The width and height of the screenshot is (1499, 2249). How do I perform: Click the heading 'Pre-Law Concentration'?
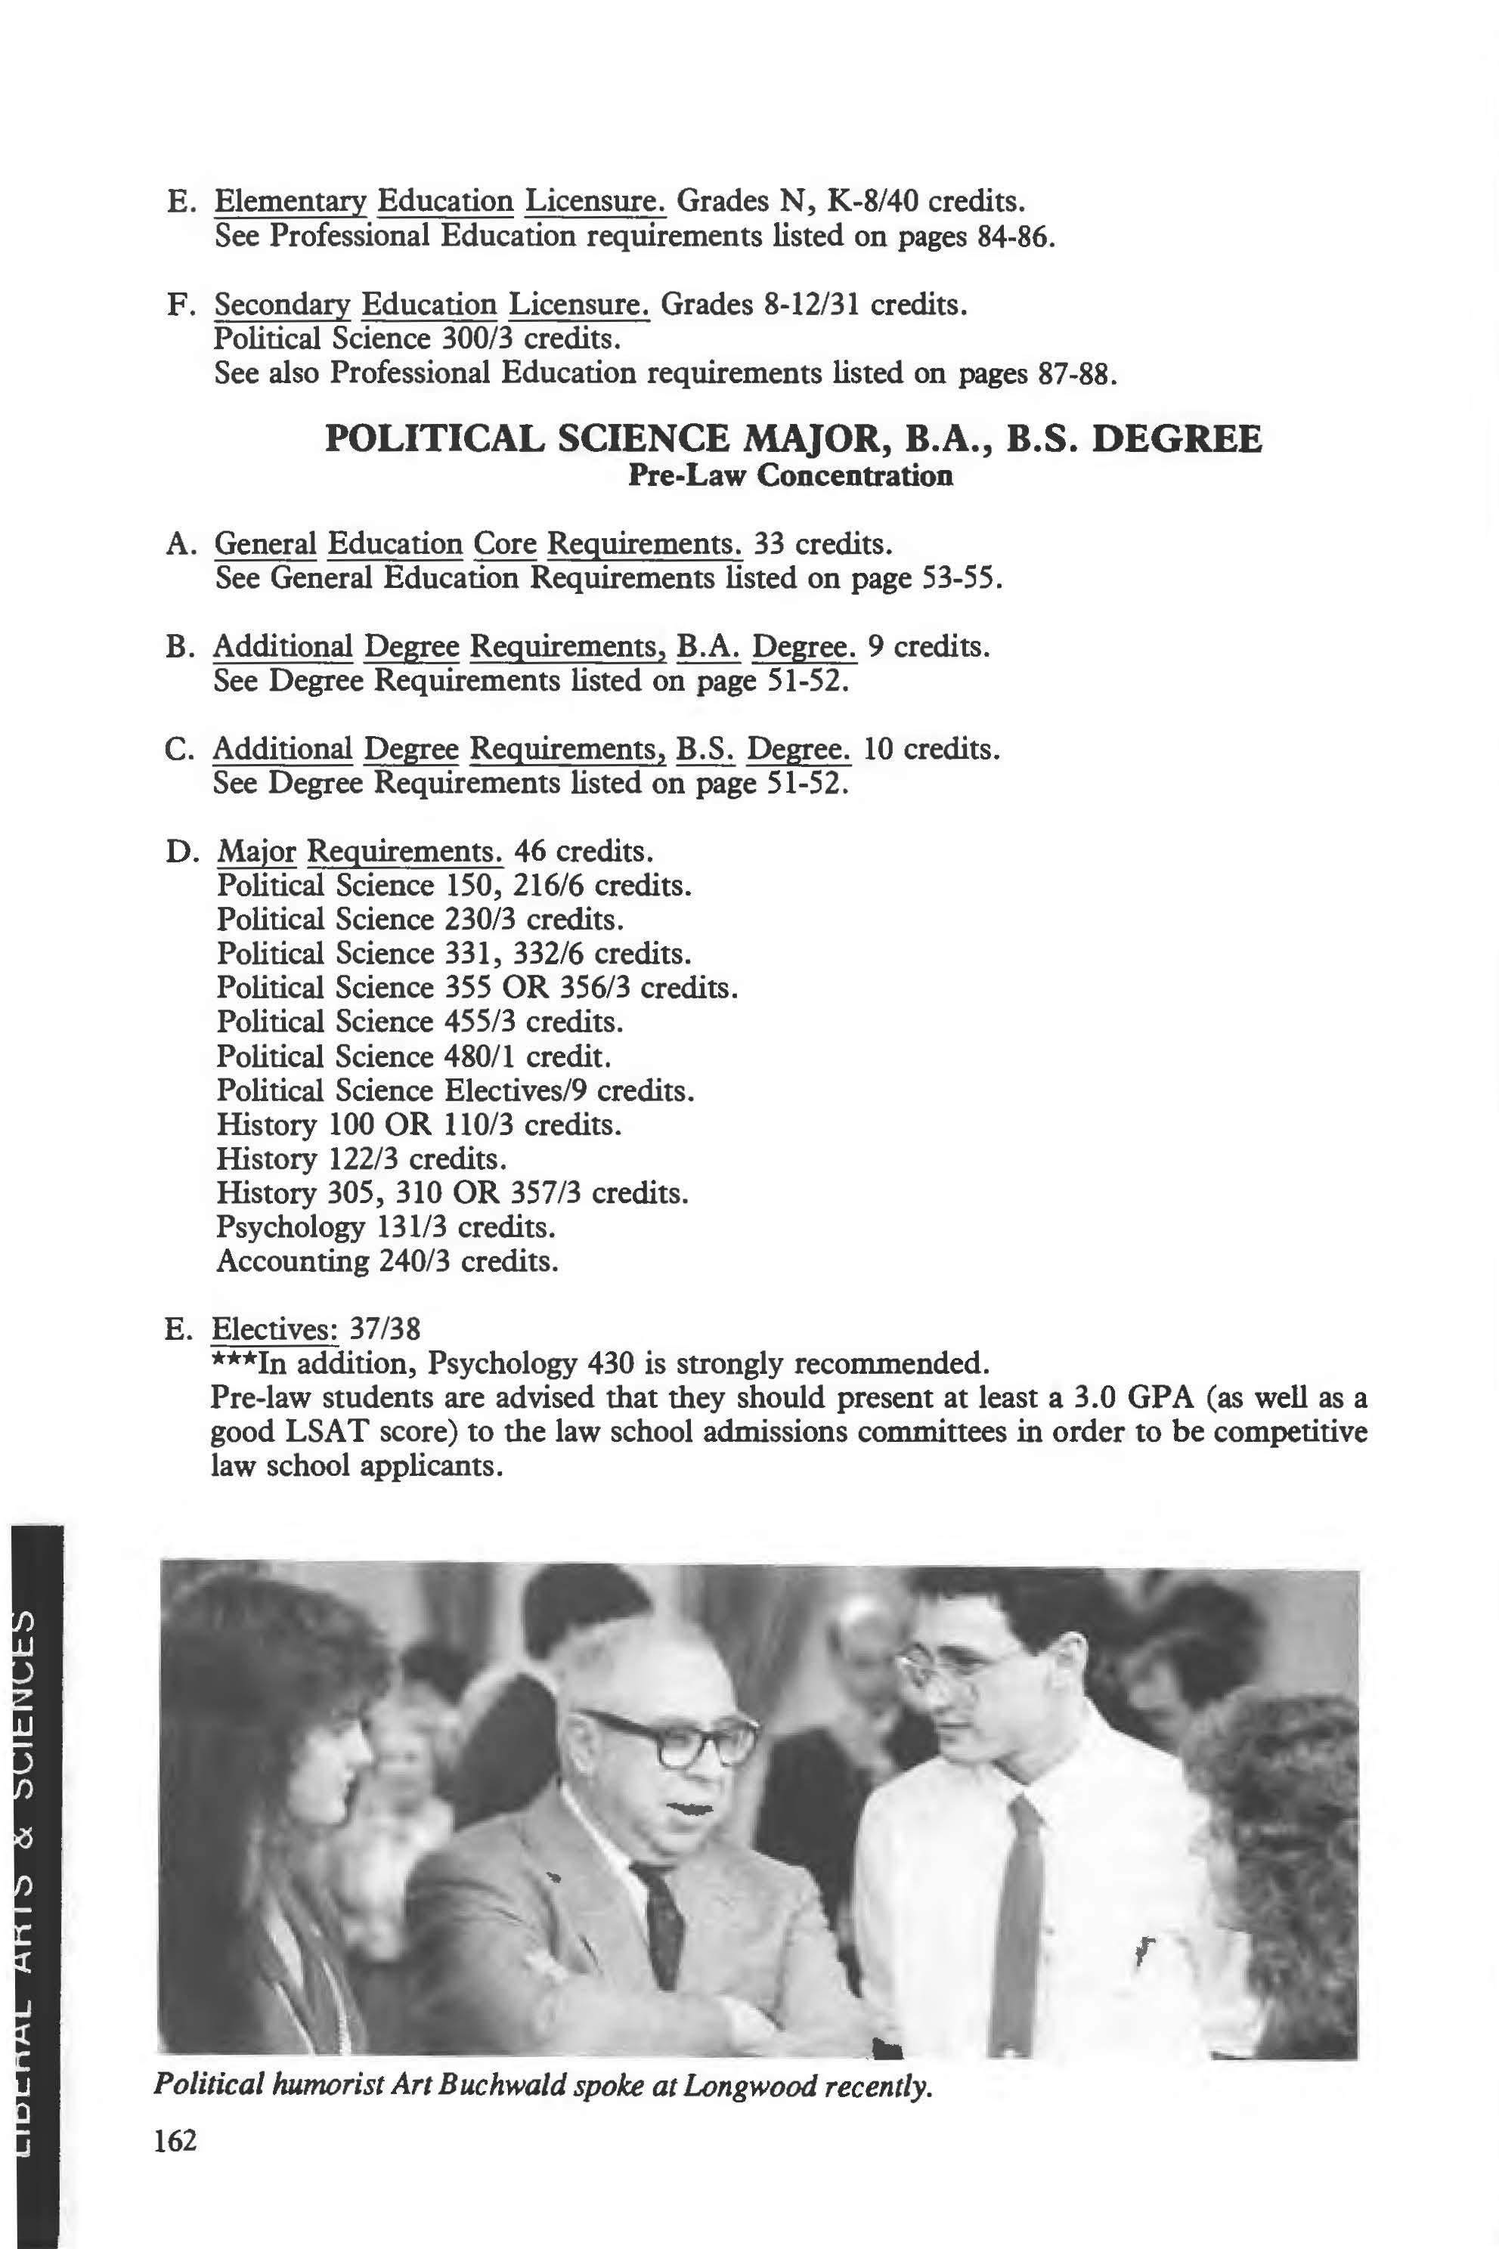[x=790, y=475]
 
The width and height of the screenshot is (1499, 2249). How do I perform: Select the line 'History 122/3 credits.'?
[x=361, y=1159]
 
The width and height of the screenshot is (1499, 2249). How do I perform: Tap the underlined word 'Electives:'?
[x=274, y=1329]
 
